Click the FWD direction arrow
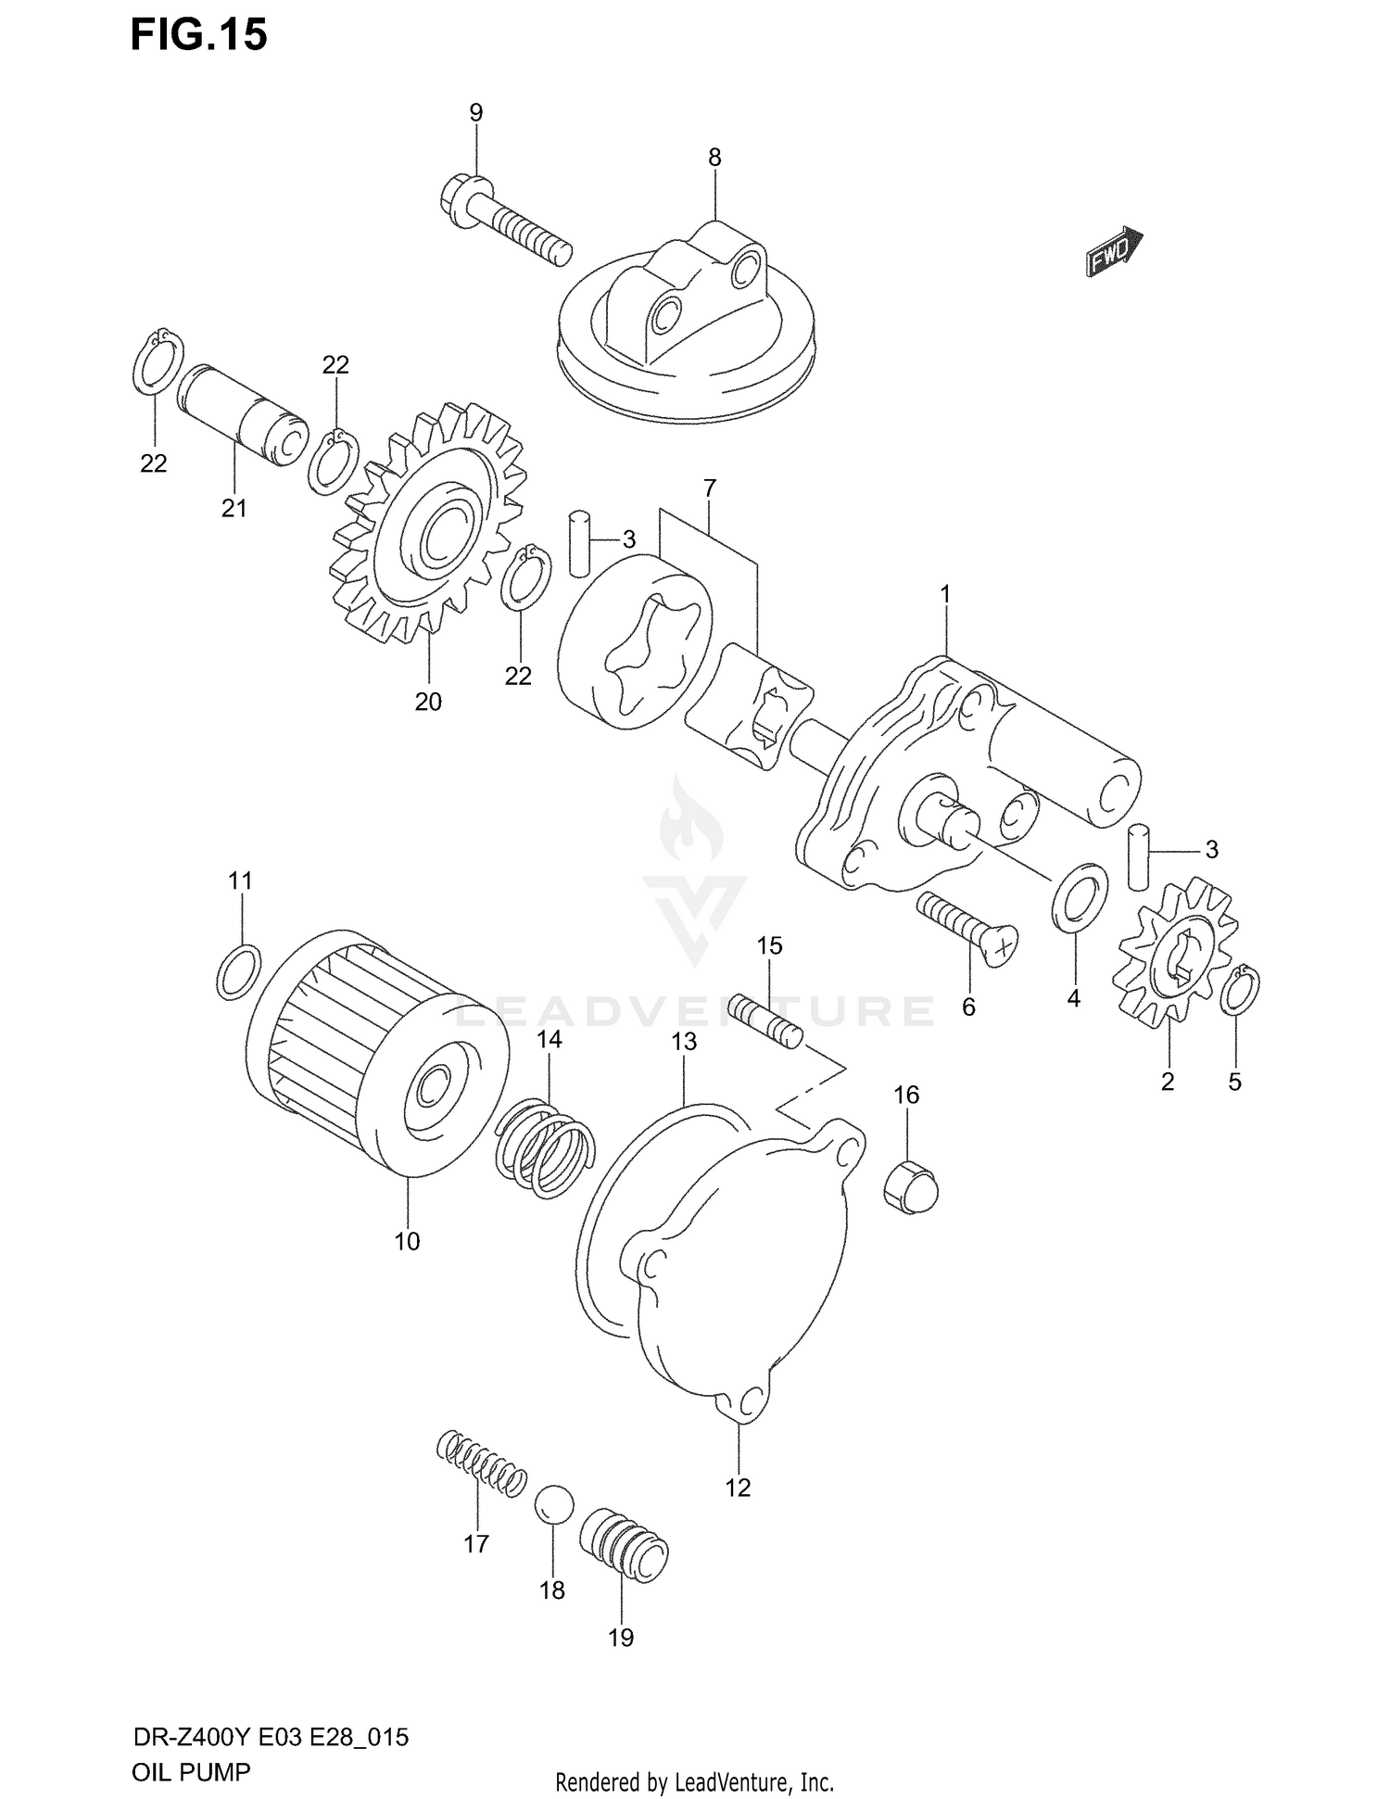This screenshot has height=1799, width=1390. point(1114,252)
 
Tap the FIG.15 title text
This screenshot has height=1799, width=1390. point(198,34)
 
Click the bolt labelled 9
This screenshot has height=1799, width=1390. point(505,221)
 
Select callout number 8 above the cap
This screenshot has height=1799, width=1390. point(714,158)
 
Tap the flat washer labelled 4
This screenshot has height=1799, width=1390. point(1080,896)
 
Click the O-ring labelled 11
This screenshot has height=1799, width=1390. point(238,971)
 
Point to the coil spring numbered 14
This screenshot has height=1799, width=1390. point(545,1146)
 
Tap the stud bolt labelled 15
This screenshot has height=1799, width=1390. point(765,1020)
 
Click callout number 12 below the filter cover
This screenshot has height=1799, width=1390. point(738,1488)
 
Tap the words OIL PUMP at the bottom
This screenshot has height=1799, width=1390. point(190,1772)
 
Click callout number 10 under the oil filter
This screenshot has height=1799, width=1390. point(407,1241)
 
